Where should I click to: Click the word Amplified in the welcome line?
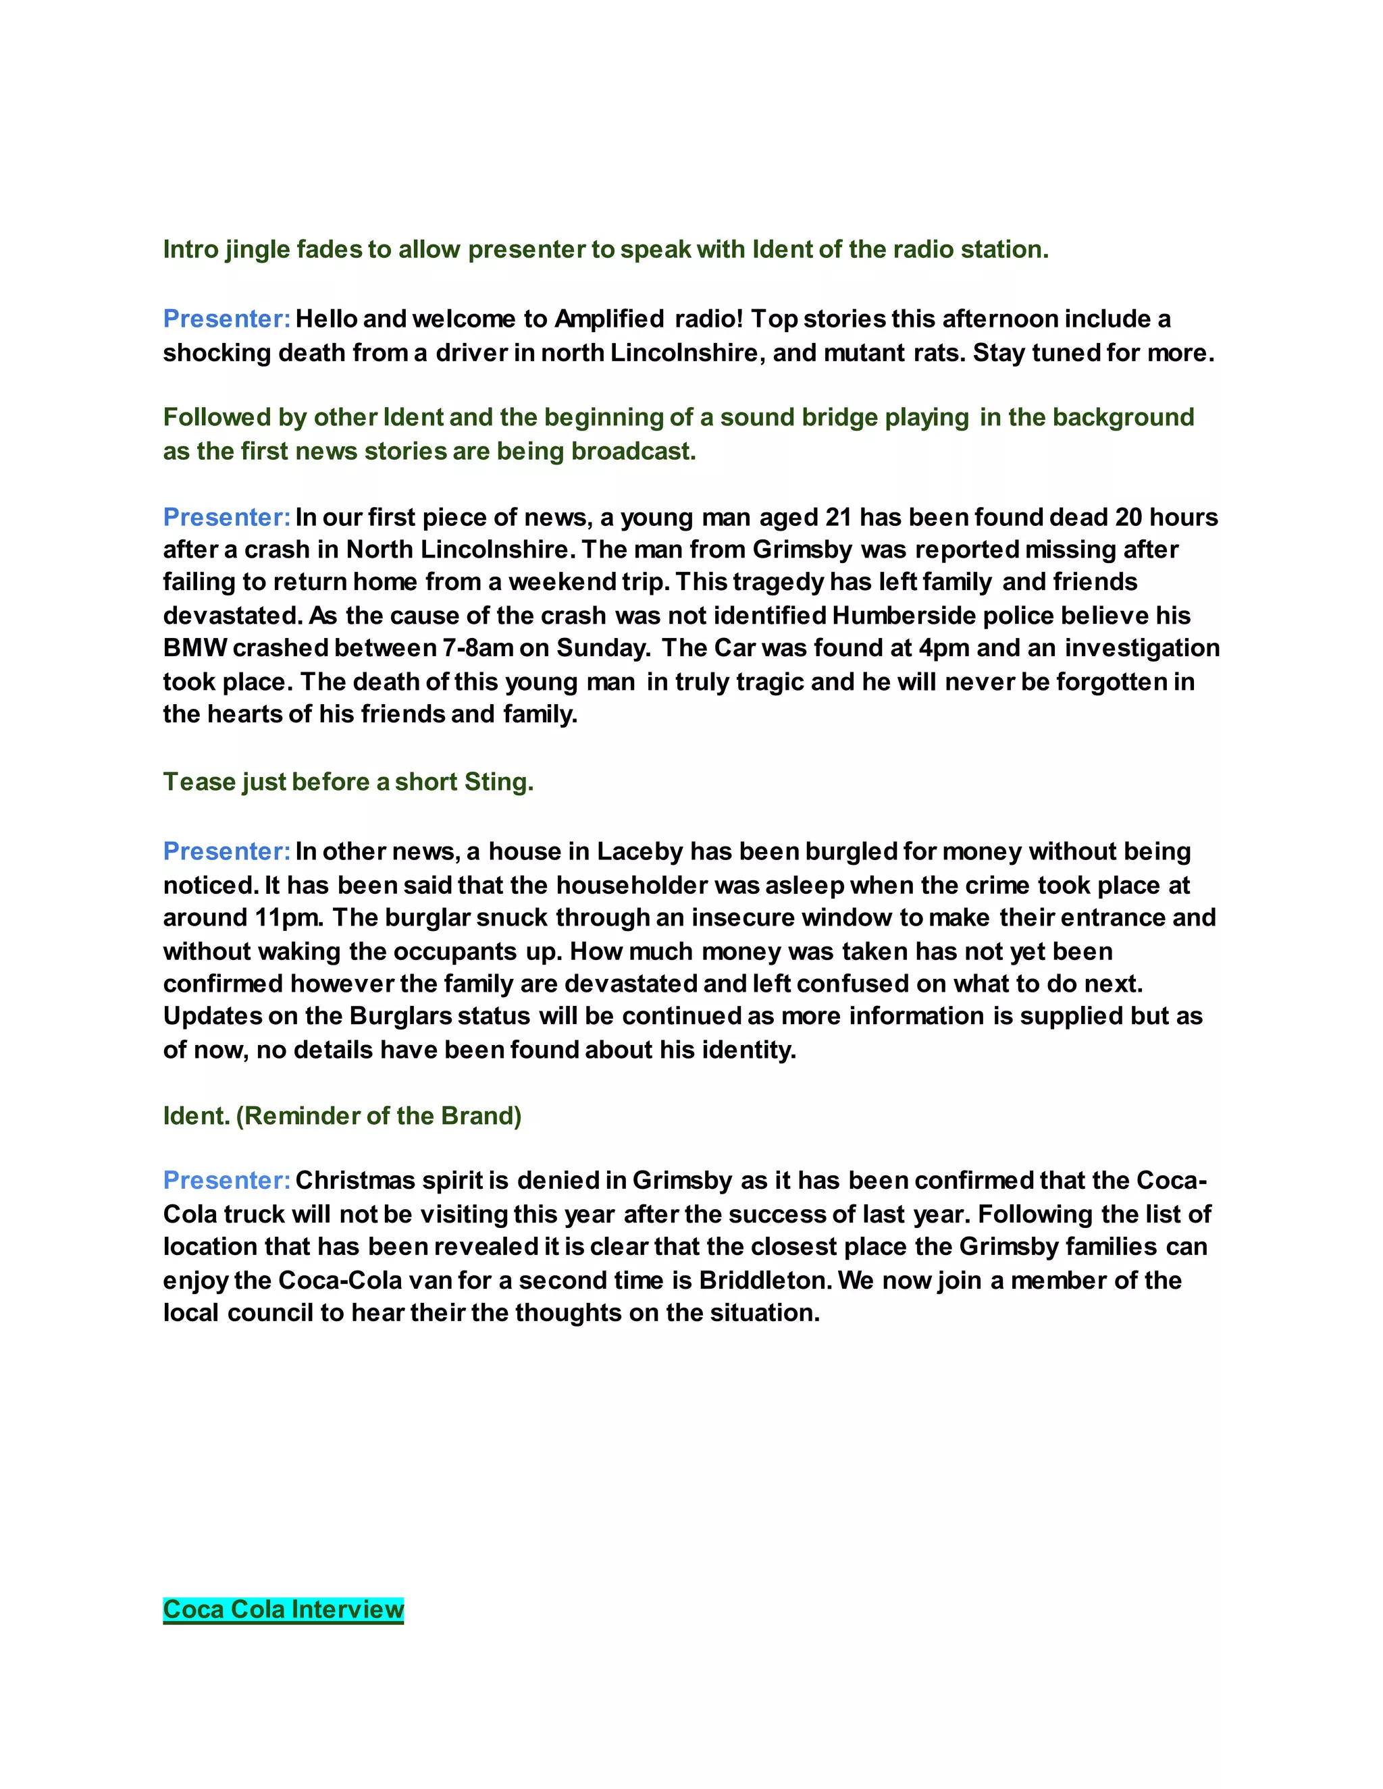click(x=608, y=319)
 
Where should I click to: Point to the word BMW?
click(x=195, y=648)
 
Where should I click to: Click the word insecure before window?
click(x=742, y=917)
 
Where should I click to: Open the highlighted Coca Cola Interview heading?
click(x=284, y=1609)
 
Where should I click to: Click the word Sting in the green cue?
click(x=498, y=782)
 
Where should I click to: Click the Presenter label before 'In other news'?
click(x=227, y=852)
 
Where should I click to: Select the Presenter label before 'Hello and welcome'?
click(x=227, y=319)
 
